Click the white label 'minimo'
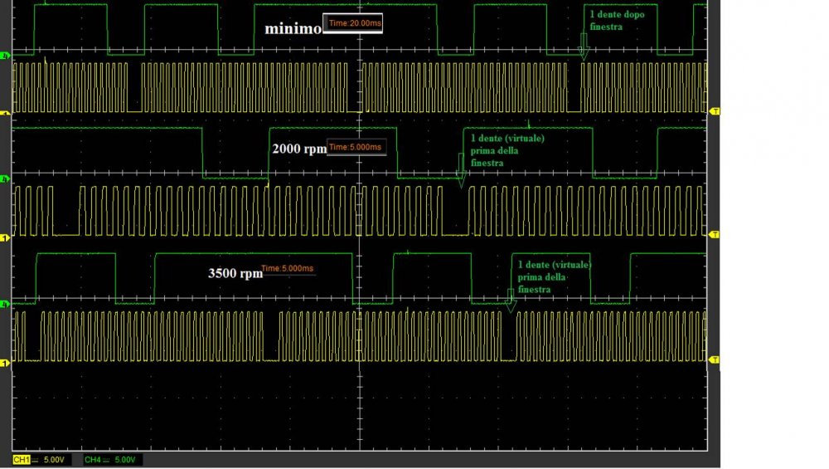click(x=293, y=28)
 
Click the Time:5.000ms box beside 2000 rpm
click(x=356, y=148)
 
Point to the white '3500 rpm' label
click(x=234, y=271)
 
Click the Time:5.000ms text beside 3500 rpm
click(x=288, y=269)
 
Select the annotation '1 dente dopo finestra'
click(x=617, y=21)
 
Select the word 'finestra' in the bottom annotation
click(x=535, y=290)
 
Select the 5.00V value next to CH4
click(x=124, y=459)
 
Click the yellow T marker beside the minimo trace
click(x=715, y=110)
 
